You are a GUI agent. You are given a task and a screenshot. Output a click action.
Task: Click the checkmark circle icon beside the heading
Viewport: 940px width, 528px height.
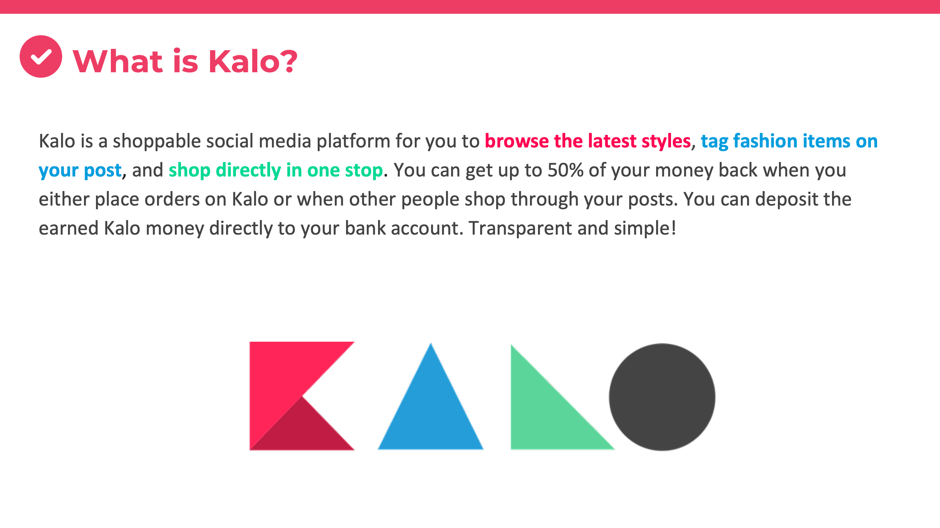click(x=41, y=57)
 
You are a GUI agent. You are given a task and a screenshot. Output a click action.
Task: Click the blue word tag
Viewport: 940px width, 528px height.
click(x=714, y=142)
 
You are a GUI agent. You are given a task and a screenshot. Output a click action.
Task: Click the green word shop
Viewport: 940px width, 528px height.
click(x=189, y=171)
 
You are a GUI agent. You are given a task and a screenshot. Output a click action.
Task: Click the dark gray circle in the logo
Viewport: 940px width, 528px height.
click(x=662, y=397)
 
